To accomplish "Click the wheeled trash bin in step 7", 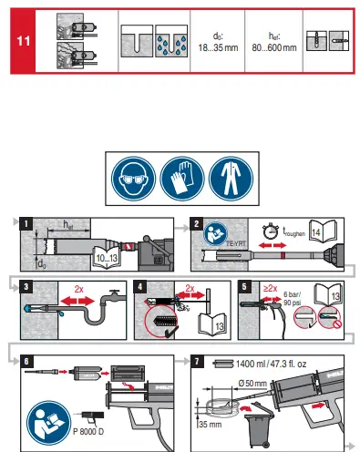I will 262,426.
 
